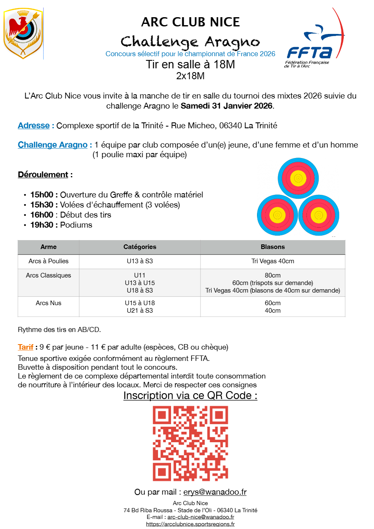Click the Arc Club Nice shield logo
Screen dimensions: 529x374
click(x=23, y=34)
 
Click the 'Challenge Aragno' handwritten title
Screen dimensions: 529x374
click(x=190, y=41)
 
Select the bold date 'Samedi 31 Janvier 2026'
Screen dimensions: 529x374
click(x=227, y=106)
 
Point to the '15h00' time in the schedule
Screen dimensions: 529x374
click(x=44, y=194)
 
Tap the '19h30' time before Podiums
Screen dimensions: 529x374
click(x=44, y=225)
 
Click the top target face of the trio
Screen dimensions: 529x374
click(x=298, y=178)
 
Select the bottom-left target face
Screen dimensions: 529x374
click(x=278, y=214)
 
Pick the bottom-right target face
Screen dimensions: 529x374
click(x=319, y=214)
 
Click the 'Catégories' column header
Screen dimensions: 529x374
click(x=140, y=247)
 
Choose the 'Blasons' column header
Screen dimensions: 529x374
click(x=273, y=247)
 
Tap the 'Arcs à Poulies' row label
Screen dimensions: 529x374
click(x=49, y=261)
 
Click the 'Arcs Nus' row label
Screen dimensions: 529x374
click(x=49, y=303)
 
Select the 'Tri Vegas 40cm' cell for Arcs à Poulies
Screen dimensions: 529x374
click(x=273, y=261)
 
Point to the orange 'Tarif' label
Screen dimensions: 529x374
click(x=26, y=347)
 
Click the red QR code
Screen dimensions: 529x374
click(x=190, y=443)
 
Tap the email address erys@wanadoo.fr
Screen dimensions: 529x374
click(x=215, y=492)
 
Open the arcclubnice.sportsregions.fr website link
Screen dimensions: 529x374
click(x=190, y=524)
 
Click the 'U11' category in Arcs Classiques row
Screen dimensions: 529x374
click(x=140, y=275)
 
